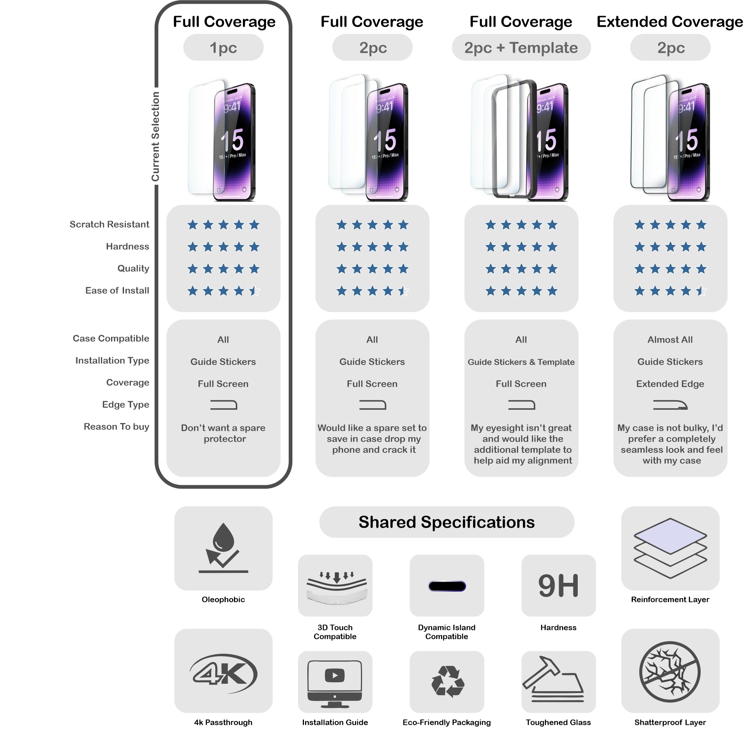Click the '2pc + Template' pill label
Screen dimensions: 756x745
point(521,48)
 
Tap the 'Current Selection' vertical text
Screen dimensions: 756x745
point(155,137)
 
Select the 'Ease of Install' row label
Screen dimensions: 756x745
point(117,290)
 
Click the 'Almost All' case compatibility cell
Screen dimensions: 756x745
point(670,340)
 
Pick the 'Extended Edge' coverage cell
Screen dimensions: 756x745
point(670,384)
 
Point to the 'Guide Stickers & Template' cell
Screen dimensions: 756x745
point(521,362)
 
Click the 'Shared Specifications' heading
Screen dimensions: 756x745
point(447,522)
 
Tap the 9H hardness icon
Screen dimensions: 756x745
point(558,585)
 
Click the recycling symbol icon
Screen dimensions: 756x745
point(447,681)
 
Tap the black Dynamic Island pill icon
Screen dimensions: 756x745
point(447,586)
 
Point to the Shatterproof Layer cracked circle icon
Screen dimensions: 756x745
point(670,671)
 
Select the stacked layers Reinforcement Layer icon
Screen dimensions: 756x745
point(670,547)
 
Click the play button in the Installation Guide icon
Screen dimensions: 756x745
point(335,675)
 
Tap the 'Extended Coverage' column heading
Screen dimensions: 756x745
point(669,22)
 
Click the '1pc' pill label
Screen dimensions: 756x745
point(223,48)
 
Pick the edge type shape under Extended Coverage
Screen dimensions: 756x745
point(670,405)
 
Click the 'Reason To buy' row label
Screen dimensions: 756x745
point(116,426)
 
